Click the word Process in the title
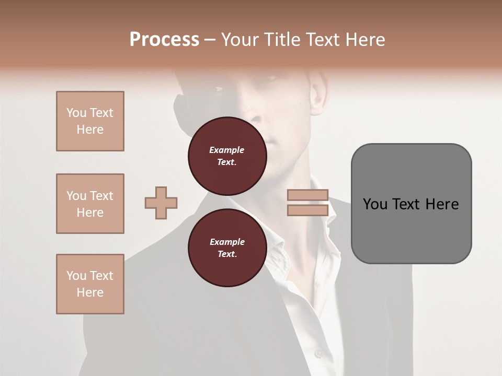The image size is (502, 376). click(164, 40)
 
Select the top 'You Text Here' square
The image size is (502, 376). click(90, 121)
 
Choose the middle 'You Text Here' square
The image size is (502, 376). click(90, 204)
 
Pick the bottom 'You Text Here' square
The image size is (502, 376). click(90, 284)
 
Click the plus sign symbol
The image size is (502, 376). click(161, 203)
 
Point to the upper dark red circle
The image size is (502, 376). click(227, 156)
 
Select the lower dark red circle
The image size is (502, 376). click(227, 248)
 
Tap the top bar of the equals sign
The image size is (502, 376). click(308, 195)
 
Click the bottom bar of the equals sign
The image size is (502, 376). click(308, 210)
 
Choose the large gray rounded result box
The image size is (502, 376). click(411, 204)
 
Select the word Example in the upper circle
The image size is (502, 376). click(227, 150)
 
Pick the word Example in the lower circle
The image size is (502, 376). click(227, 242)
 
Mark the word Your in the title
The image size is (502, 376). click(241, 40)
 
